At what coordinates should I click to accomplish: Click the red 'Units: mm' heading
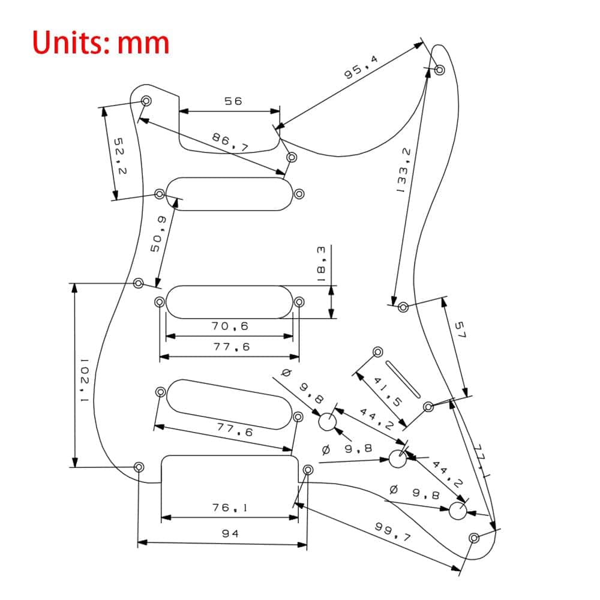[x=101, y=43]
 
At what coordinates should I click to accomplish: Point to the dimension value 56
[x=233, y=101]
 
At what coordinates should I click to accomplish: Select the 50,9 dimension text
[x=157, y=235]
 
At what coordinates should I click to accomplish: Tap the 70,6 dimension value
[x=229, y=326]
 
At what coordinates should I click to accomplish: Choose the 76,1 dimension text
[x=230, y=508]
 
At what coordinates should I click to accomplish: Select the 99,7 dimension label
[x=393, y=532]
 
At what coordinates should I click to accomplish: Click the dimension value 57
[x=460, y=330]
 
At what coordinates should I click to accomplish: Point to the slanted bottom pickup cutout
[x=229, y=404]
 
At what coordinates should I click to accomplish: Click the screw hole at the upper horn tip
[x=439, y=70]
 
